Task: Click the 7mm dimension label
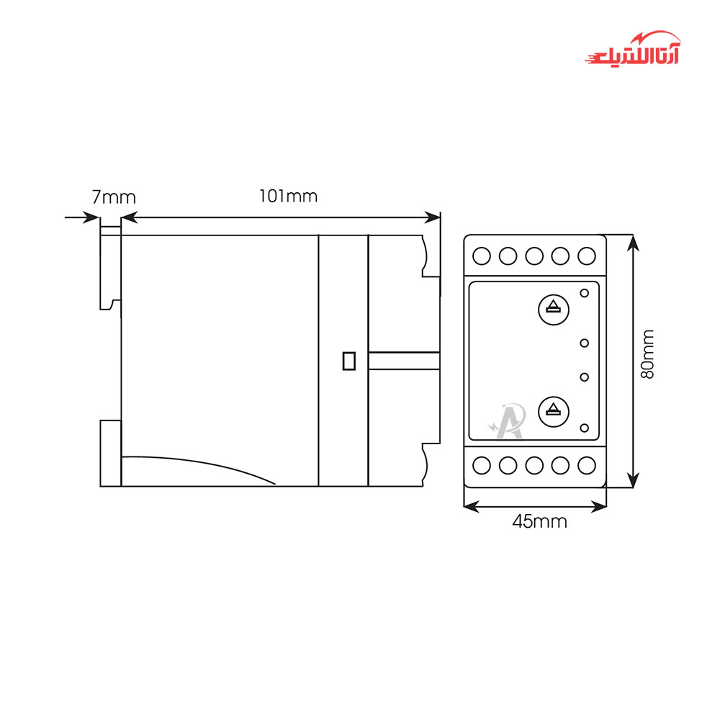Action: (x=114, y=197)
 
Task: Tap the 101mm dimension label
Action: (x=289, y=196)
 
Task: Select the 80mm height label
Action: (x=647, y=354)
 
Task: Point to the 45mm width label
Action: (x=539, y=521)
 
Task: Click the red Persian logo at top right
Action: (x=633, y=49)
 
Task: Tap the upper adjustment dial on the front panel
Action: (x=553, y=310)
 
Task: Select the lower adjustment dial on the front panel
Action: (x=553, y=412)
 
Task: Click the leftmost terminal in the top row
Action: (x=482, y=256)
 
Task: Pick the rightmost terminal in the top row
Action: (x=586, y=256)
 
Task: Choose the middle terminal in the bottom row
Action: (x=534, y=465)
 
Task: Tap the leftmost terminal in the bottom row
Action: (x=482, y=465)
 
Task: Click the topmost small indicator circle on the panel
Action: (x=584, y=293)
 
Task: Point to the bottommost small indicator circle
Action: (x=584, y=428)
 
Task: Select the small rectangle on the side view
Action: (x=349, y=361)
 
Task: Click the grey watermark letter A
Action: (x=509, y=421)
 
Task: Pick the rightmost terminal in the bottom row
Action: (x=586, y=465)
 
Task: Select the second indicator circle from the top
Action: (x=584, y=343)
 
